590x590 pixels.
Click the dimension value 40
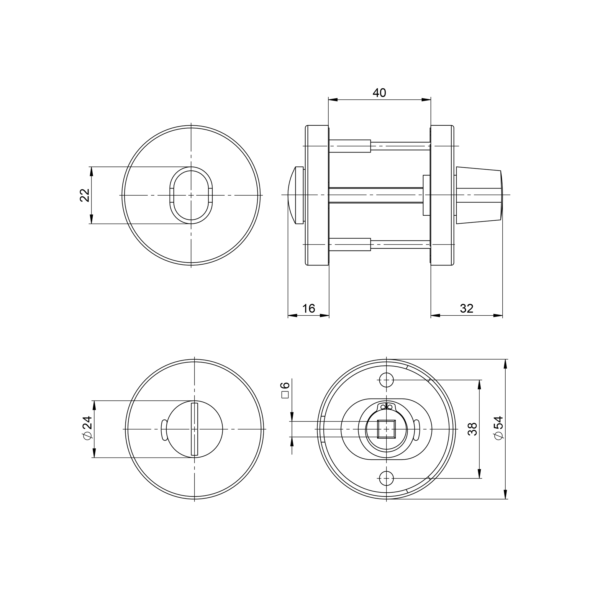(379, 93)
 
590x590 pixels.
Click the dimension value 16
(309, 309)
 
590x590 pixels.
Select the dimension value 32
(467, 309)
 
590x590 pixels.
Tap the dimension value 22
(85, 195)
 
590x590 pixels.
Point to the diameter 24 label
(87, 428)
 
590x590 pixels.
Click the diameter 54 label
(498, 428)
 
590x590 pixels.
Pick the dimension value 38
(472, 429)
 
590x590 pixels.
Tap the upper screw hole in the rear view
(386, 380)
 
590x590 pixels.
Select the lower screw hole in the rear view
(386, 478)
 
